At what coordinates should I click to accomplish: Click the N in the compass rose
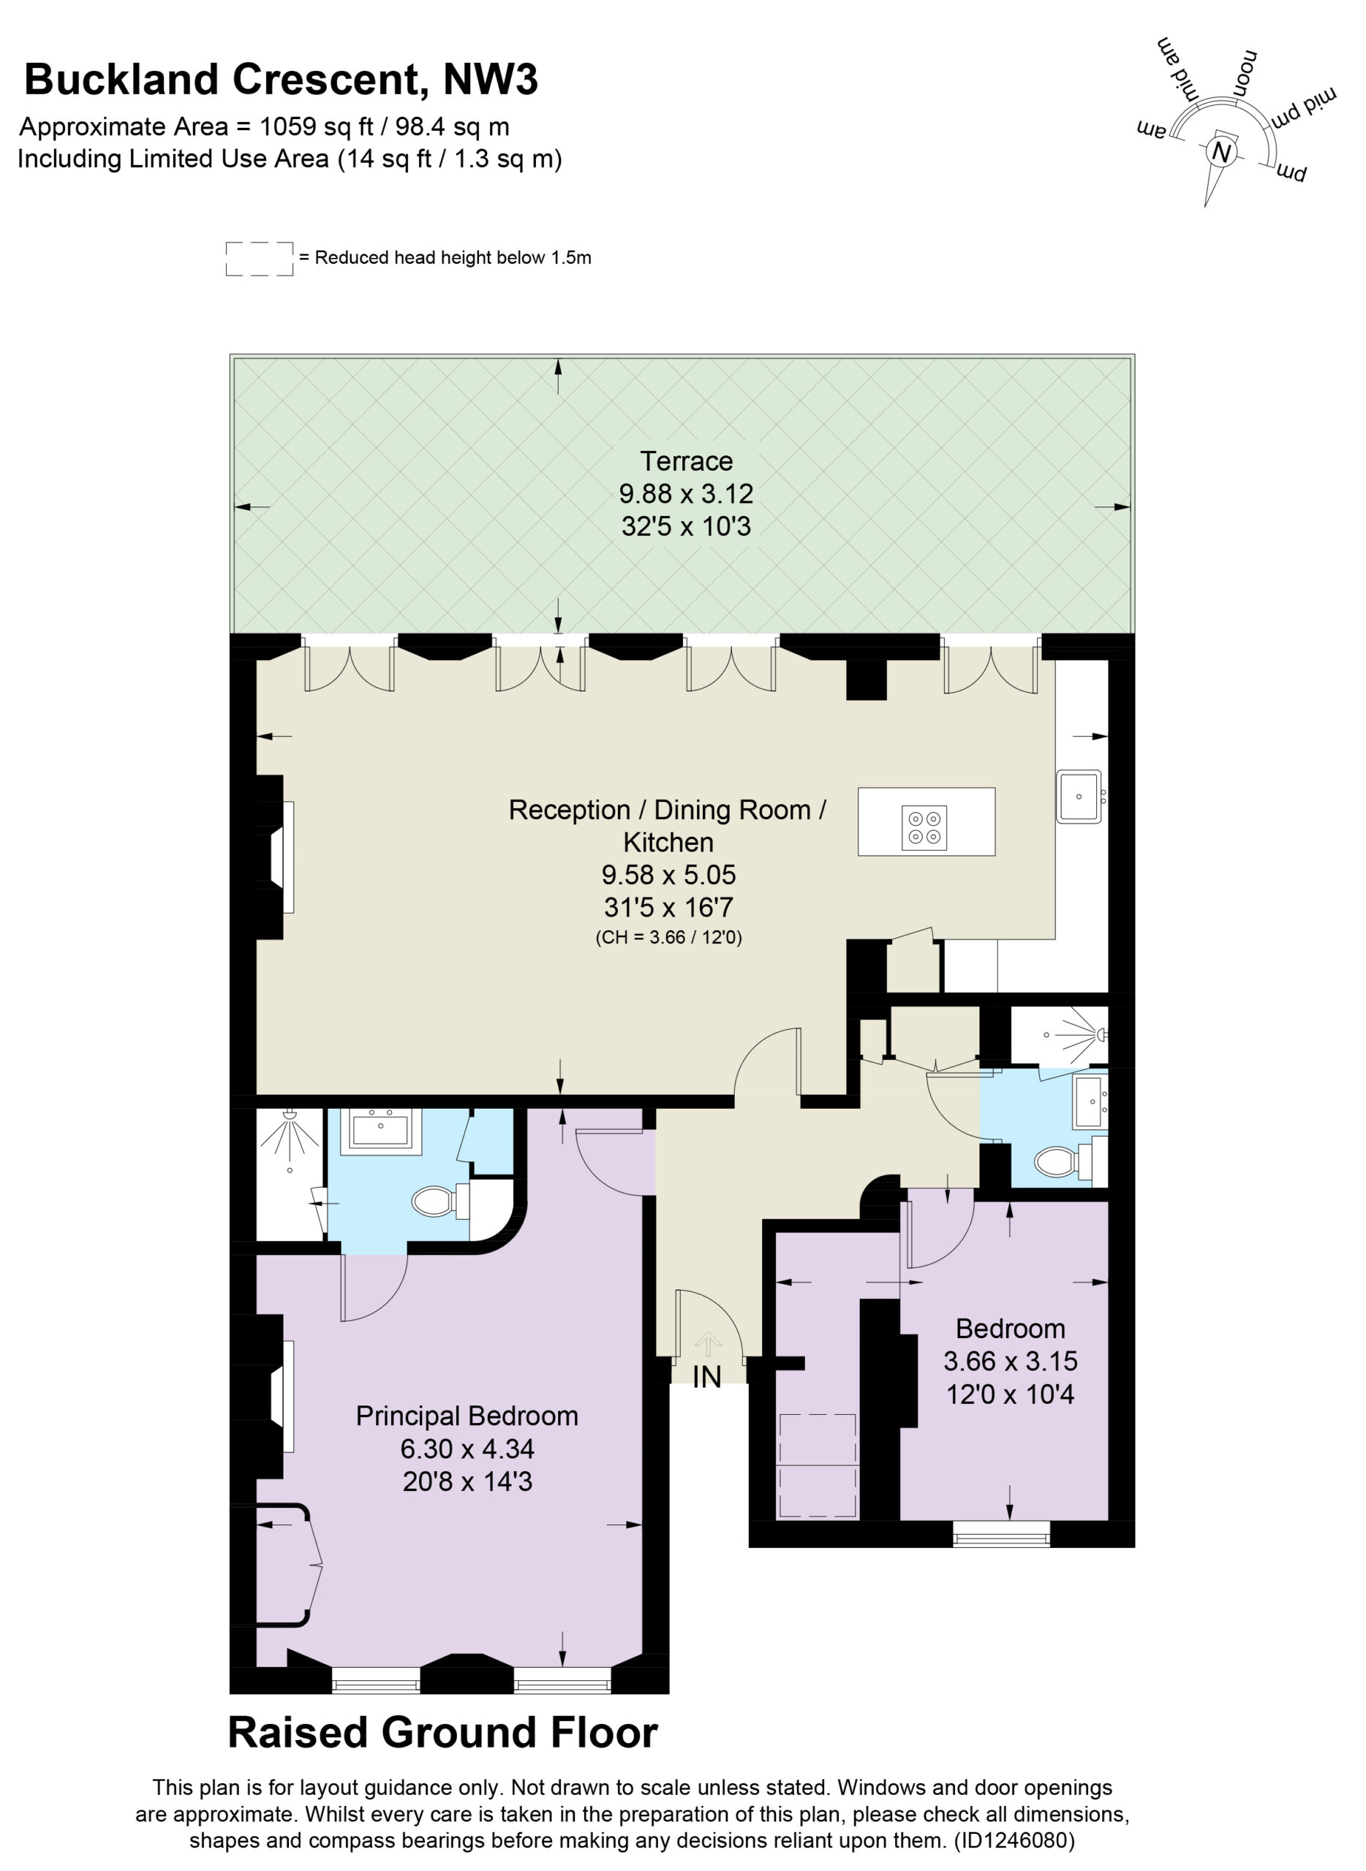pyautogui.click(x=1220, y=153)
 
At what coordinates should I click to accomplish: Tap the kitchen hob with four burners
pyautogui.click(x=924, y=828)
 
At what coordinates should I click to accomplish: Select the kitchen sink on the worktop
pyautogui.click(x=1079, y=797)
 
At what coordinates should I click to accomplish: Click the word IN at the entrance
pyautogui.click(x=707, y=1377)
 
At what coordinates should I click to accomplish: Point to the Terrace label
pyautogui.click(x=687, y=460)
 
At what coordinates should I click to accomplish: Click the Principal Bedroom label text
pyautogui.click(x=467, y=1416)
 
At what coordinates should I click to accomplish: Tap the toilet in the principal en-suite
pyautogui.click(x=440, y=1201)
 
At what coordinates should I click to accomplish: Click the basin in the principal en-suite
pyautogui.click(x=380, y=1128)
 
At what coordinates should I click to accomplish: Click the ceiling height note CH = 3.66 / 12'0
pyautogui.click(x=669, y=937)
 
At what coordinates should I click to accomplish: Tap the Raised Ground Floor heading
pyautogui.click(x=443, y=1733)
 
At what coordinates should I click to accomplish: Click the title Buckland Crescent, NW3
pyautogui.click(x=281, y=80)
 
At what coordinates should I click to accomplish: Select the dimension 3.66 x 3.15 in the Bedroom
pyautogui.click(x=1011, y=1361)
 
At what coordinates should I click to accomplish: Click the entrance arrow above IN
pyautogui.click(x=708, y=1343)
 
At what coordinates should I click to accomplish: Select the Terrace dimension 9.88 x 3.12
pyautogui.click(x=687, y=493)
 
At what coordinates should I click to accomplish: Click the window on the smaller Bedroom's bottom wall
pyautogui.click(x=1001, y=1536)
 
